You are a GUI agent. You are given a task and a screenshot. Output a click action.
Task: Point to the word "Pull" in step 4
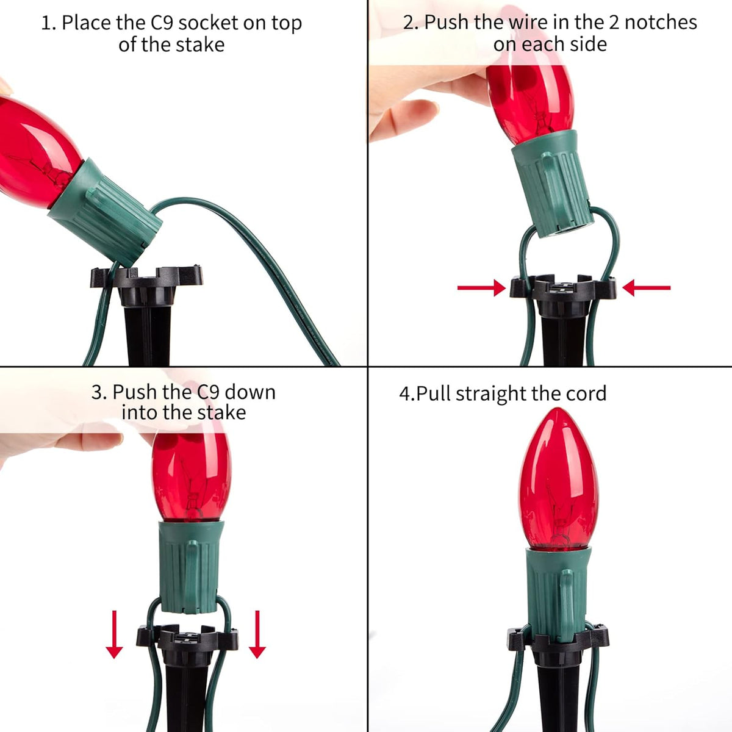(434, 393)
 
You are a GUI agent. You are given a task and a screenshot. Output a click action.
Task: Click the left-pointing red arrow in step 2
(647, 288)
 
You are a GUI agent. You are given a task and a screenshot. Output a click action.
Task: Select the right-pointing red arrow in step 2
(482, 288)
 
